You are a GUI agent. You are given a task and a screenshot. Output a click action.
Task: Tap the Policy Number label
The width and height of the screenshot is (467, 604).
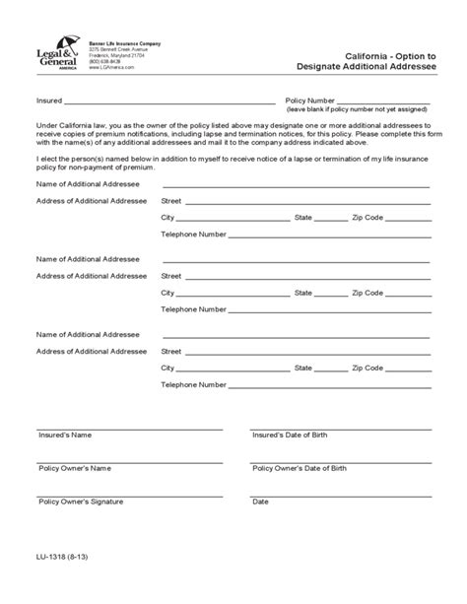[x=310, y=101]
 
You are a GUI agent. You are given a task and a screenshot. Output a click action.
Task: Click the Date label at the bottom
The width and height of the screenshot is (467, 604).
[x=260, y=502]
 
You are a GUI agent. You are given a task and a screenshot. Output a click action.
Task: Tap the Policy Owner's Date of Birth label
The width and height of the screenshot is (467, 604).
[x=300, y=468]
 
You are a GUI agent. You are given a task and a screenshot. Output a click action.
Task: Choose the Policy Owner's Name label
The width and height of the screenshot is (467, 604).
[x=73, y=468]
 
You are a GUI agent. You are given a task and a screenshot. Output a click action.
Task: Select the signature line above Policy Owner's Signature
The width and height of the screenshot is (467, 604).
[x=128, y=493]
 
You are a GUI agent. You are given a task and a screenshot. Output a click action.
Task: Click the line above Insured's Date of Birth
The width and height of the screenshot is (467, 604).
[x=341, y=427]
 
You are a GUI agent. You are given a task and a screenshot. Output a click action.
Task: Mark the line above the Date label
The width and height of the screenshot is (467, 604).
[x=341, y=493]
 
